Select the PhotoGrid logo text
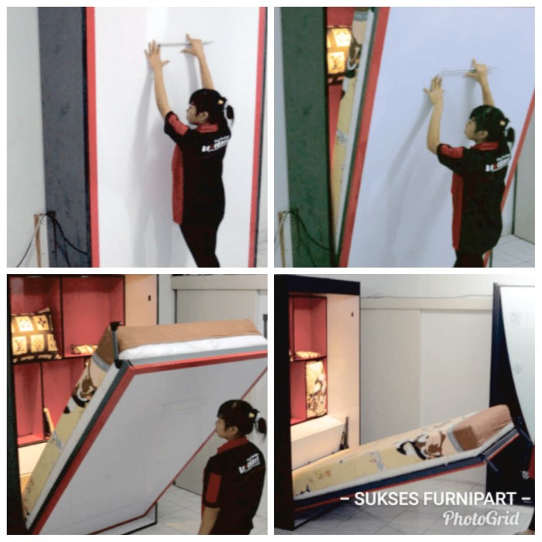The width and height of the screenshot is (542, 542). coord(481,518)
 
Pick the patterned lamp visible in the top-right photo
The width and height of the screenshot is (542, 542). coord(338,50)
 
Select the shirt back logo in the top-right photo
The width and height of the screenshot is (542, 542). coord(497,164)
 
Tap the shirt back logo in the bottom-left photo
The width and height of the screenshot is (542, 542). coord(249,466)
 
